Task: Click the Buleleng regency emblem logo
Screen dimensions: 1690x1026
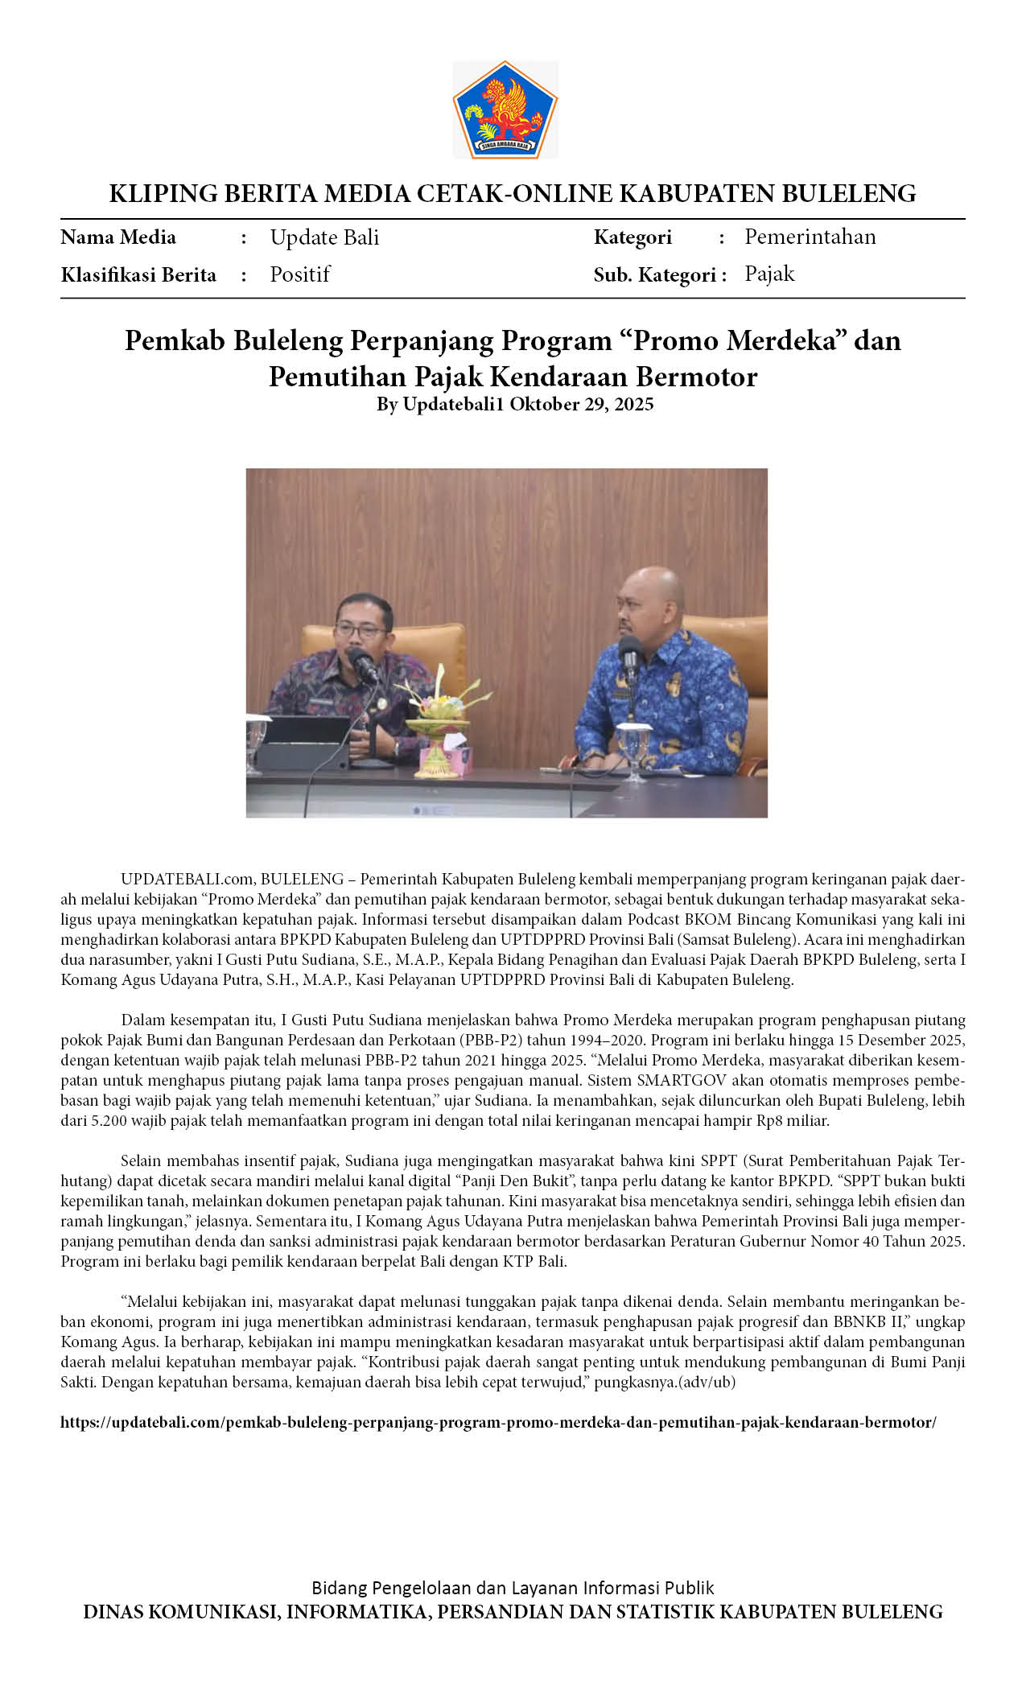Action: pos(505,109)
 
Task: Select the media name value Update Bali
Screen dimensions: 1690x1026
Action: pos(324,237)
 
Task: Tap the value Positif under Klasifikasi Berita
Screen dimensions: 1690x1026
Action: pos(299,274)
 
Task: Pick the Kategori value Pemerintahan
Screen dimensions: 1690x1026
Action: pos(810,237)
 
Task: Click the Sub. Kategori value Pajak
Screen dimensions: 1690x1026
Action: pos(769,274)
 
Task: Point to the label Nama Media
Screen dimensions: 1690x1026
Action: pos(118,237)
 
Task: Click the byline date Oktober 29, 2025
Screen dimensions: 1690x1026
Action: pos(581,404)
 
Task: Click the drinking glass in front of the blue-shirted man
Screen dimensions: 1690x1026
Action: pos(633,748)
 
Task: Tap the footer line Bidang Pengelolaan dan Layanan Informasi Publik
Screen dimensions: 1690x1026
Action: pos(513,1588)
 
